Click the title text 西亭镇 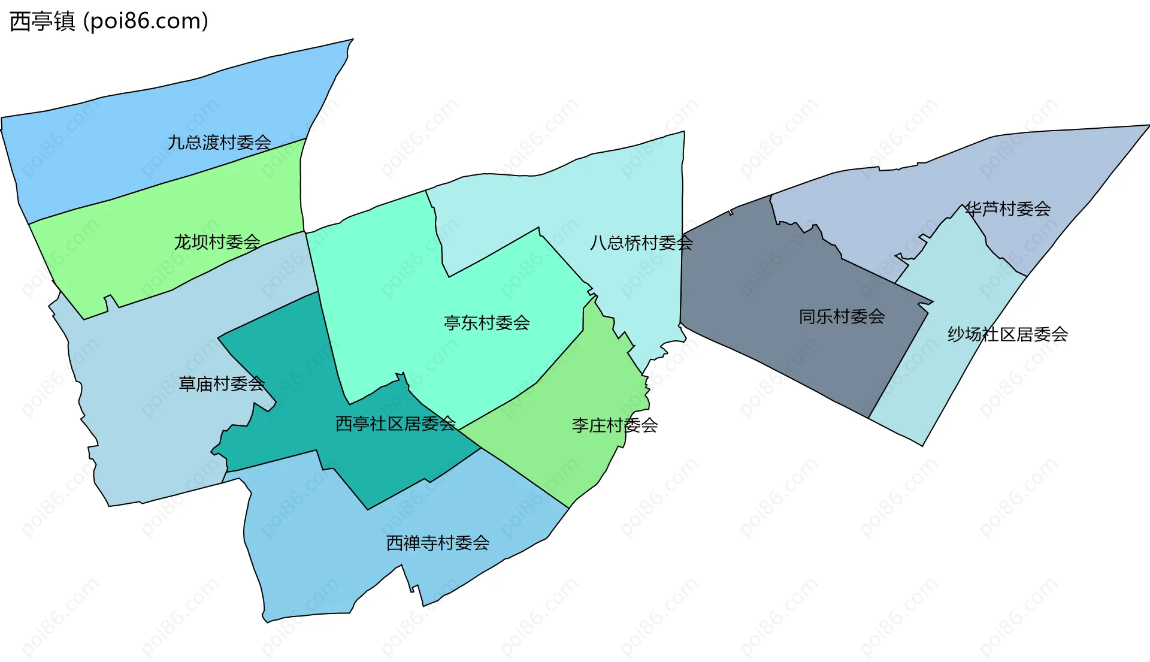[x=43, y=22]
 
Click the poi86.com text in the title [x=146, y=22]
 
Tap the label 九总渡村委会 [x=219, y=143]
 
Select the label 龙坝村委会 [x=217, y=242]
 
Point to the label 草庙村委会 [x=222, y=384]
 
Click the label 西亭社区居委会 [x=395, y=424]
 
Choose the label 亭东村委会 [x=486, y=324]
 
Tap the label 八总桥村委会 [x=641, y=243]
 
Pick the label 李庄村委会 [x=615, y=426]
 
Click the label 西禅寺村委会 [x=437, y=543]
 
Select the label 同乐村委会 [x=842, y=317]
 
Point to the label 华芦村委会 [x=1007, y=209]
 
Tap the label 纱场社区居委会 [x=1007, y=334]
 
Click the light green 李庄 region [x=569, y=455]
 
